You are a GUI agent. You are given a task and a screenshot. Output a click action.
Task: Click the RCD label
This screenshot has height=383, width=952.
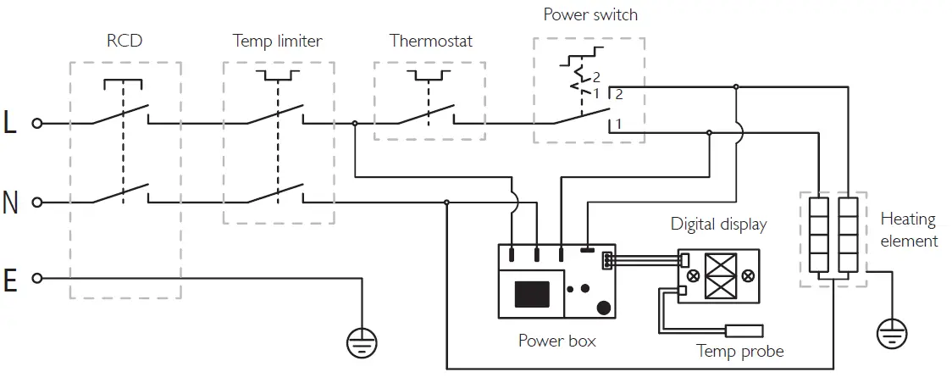click(125, 42)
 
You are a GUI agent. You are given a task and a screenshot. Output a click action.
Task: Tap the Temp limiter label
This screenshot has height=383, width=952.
click(278, 42)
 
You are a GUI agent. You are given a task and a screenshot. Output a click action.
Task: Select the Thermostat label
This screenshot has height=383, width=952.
click(430, 42)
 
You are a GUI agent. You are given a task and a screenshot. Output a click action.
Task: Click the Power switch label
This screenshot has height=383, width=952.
click(590, 14)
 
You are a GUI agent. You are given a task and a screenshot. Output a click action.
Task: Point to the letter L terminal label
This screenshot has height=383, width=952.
click(10, 123)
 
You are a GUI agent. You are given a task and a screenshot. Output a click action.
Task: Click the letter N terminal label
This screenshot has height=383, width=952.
click(10, 203)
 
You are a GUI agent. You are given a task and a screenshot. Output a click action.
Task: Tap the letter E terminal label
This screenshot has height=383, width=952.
click(9, 281)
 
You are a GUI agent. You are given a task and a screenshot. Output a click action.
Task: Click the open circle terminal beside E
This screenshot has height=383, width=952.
click(37, 279)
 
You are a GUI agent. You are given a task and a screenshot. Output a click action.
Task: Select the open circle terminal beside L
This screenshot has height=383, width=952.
click(37, 123)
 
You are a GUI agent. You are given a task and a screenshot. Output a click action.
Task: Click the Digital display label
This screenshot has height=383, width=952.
click(718, 224)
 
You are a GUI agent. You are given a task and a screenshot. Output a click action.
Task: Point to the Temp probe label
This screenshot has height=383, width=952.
click(740, 351)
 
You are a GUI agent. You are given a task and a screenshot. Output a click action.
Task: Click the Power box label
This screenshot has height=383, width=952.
click(556, 341)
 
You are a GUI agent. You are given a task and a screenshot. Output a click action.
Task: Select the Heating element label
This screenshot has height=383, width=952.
click(909, 230)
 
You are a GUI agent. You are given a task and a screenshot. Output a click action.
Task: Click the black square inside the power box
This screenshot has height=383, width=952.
click(532, 294)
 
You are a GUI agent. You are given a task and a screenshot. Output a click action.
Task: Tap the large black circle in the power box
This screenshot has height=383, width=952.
click(604, 308)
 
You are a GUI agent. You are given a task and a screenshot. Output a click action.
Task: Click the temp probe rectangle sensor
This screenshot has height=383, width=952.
click(744, 330)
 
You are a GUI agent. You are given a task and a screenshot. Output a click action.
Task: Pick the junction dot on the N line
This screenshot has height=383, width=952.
click(447, 203)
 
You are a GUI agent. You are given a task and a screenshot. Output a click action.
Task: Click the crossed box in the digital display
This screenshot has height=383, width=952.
click(721, 275)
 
